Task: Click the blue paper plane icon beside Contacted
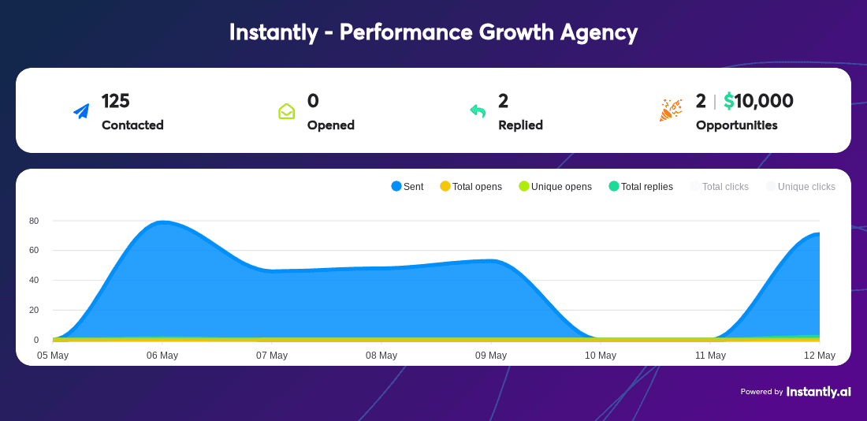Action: [x=81, y=111]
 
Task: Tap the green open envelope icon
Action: [x=286, y=111]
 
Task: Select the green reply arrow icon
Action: [x=478, y=111]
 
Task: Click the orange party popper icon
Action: [x=671, y=110]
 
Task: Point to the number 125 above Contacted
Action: [x=116, y=101]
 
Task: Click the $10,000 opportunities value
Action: [x=758, y=101]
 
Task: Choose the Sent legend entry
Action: [x=407, y=186]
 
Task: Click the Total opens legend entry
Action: [x=471, y=186]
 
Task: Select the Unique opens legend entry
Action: [x=555, y=186]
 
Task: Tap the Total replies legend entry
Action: [x=641, y=186]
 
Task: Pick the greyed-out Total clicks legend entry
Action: [x=720, y=186]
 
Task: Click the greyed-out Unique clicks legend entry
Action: [x=801, y=186]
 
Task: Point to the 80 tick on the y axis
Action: [x=34, y=221]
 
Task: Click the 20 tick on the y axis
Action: [x=34, y=310]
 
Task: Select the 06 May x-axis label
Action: [x=162, y=355]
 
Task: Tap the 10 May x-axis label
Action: [x=601, y=355]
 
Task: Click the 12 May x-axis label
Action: [x=820, y=355]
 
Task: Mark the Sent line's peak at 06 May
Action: [x=163, y=222]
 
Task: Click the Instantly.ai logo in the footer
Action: [x=818, y=392]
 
